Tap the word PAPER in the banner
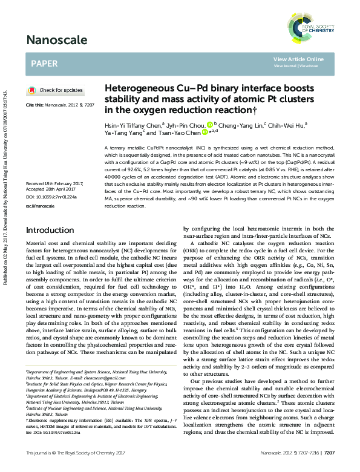(44, 62)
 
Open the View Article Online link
(298, 59)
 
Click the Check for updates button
(56, 90)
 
